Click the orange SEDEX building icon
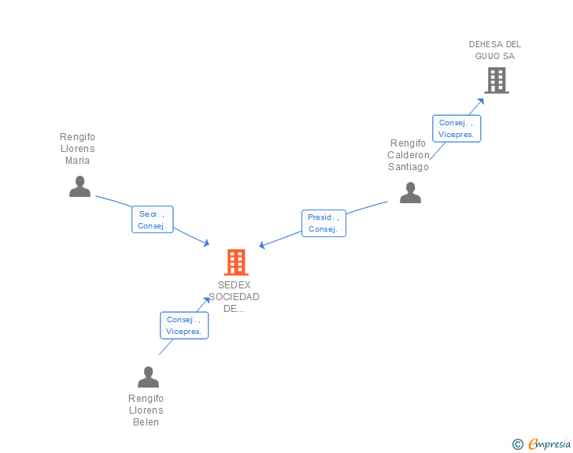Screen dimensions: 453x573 click(236, 262)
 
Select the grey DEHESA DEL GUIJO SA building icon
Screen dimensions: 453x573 click(496, 80)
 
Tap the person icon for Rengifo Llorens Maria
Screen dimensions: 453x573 click(79, 187)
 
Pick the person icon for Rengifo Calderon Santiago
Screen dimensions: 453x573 click(410, 193)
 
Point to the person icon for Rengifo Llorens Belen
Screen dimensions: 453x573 click(148, 377)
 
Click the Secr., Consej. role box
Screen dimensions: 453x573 click(152, 220)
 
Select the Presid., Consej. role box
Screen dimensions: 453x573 click(323, 223)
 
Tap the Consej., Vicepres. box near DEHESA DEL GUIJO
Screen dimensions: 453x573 click(457, 128)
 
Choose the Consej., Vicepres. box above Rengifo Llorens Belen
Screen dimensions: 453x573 click(184, 325)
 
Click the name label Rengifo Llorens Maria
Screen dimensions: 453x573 click(78, 149)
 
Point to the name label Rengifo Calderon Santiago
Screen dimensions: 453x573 click(408, 155)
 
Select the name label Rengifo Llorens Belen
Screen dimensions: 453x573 click(146, 410)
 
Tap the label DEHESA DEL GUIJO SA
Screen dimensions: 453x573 click(495, 50)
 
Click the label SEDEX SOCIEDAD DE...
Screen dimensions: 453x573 click(235, 297)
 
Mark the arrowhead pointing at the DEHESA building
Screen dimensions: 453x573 click(482, 101)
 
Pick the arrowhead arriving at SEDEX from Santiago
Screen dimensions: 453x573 click(262, 245)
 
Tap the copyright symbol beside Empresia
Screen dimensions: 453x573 click(517, 444)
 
